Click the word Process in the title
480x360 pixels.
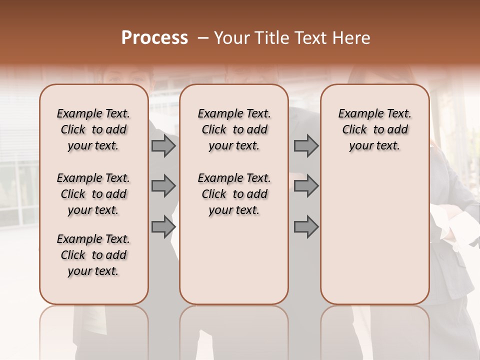point(154,38)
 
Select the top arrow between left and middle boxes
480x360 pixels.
point(163,145)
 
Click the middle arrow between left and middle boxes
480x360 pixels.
point(163,186)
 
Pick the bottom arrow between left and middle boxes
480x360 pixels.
point(163,227)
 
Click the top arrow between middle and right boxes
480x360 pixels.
point(306,145)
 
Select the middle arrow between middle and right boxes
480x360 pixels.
point(306,186)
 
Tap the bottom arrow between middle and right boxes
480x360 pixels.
point(306,227)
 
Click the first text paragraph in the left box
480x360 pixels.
point(93,129)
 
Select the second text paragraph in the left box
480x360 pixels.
point(93,194)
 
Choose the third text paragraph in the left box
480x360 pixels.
point(93,255)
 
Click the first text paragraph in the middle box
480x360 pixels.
point(234,129)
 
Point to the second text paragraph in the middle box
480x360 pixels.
point(234,194)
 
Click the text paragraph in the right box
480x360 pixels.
point(375,129)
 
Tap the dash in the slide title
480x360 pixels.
point(203,38)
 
